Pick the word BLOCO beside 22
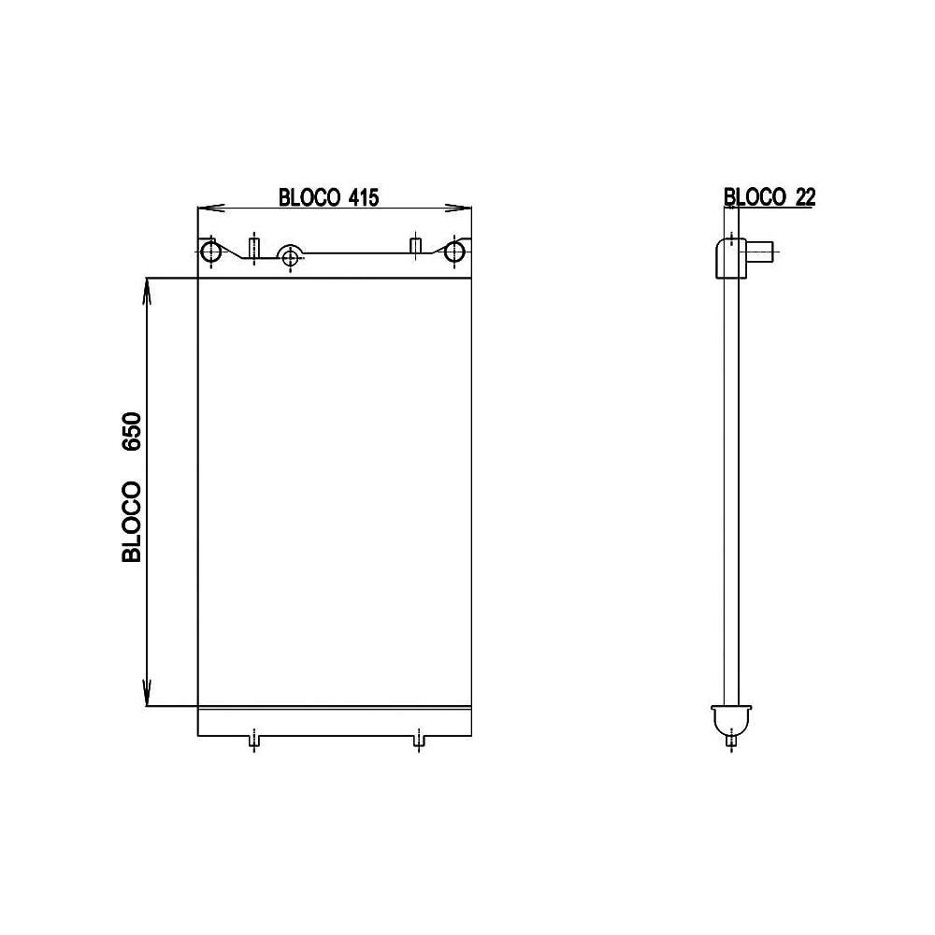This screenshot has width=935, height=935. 755,196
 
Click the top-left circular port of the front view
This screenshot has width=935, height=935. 211,251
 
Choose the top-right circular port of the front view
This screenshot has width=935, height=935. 455,251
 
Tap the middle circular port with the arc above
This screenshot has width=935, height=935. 291,256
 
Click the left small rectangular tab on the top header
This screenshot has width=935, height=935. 252,247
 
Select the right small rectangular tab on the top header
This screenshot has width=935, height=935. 417,246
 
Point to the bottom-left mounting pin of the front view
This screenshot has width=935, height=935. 253,741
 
